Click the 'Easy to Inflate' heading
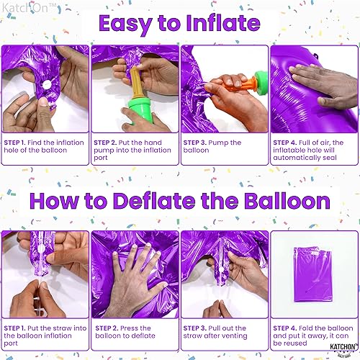(180, 23)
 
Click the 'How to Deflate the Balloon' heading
(180, 200)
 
